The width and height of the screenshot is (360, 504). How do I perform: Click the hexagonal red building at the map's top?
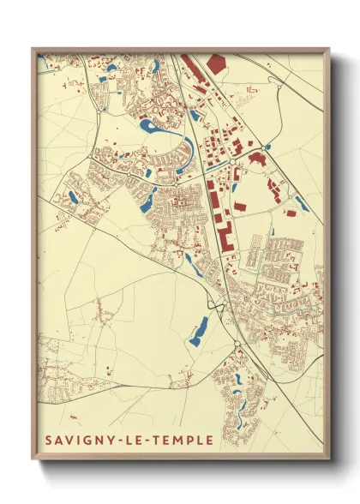(x=215, y=63)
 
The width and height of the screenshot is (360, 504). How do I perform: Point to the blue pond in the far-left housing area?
(x=72, y=198)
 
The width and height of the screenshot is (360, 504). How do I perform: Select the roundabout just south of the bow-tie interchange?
(x=237, y=345)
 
